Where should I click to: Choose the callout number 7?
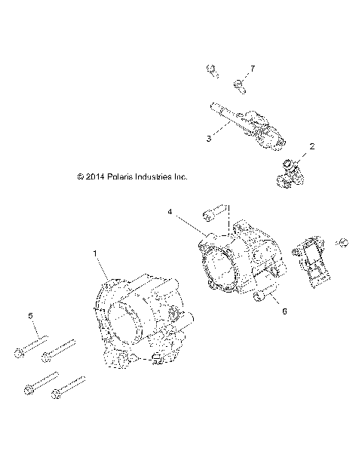[253, 69]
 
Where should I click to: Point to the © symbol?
[80, 177]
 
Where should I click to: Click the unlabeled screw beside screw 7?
[212, 72]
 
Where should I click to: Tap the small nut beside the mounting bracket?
[342, 242]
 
